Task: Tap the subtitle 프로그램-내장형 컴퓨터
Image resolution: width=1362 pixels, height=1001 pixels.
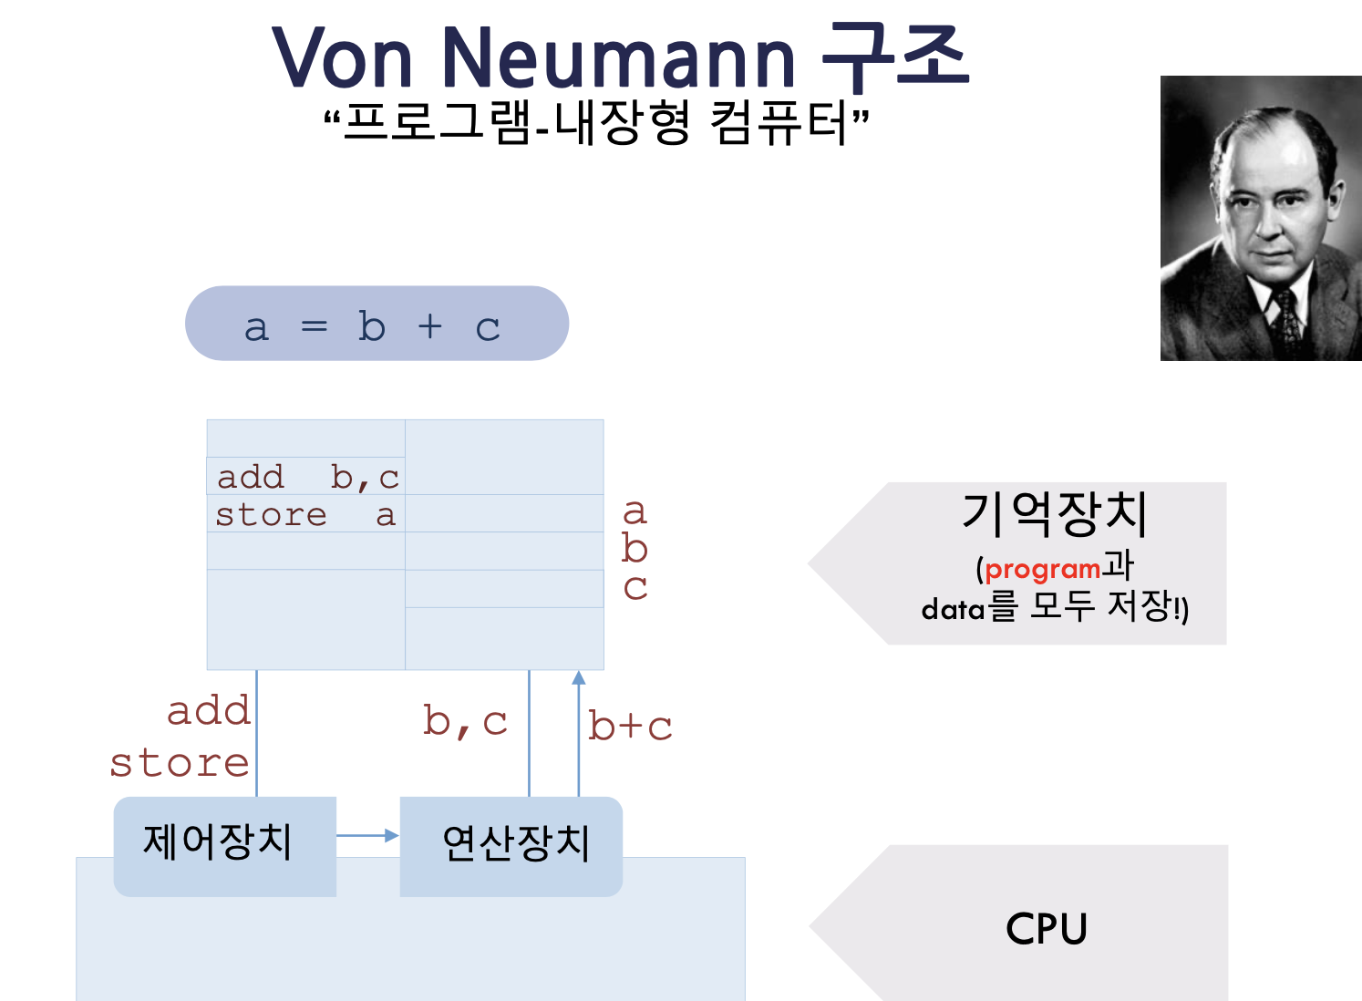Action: click(597, 124)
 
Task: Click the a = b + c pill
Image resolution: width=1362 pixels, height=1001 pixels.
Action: click(377, 325)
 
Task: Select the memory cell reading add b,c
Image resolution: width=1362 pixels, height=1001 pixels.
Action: click(307, 477)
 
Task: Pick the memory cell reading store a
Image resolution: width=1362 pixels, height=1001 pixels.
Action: click(305, 515)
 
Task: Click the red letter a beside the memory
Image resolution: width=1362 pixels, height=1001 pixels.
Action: click(635, 511)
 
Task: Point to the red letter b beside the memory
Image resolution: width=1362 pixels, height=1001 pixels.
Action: click(635, 549)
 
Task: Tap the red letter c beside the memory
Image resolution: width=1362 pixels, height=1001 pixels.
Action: click(635, 588)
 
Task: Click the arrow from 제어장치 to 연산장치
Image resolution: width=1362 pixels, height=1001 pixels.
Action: click(366, 835)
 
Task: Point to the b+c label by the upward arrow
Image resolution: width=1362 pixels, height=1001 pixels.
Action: click(630, 727)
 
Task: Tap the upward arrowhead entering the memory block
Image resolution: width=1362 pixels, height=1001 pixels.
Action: click(578, 677)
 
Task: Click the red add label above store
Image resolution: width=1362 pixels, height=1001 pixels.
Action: click(209, 711)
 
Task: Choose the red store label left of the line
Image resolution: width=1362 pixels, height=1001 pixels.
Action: click(180, 763)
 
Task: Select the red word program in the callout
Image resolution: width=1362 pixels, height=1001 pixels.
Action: click(1042, 570)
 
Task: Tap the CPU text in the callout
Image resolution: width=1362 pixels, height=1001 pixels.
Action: click(1047, 929)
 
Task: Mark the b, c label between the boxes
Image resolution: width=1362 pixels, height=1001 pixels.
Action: click(465, 722)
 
